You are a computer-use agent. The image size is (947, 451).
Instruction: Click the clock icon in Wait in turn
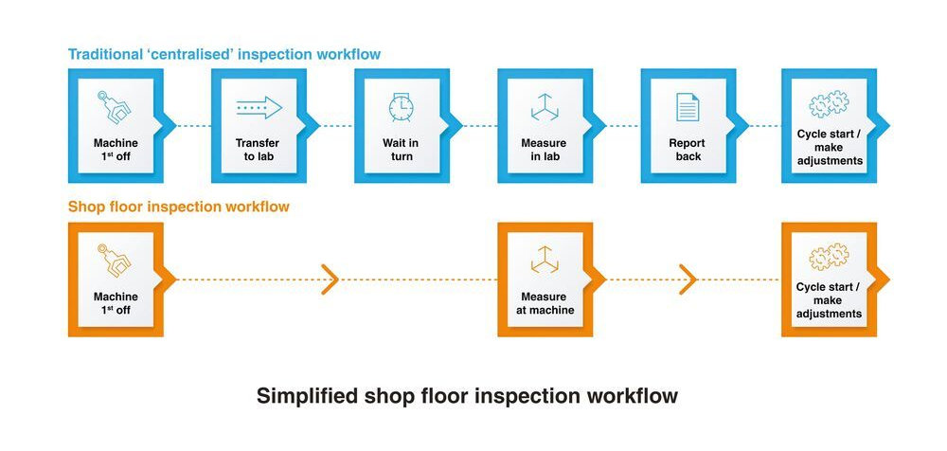click(402, 106)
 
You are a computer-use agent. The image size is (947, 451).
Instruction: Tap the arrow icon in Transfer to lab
click(259, 107)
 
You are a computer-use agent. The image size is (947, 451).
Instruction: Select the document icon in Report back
click(688, 107)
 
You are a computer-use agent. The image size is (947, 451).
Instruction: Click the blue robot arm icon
click(116, 106)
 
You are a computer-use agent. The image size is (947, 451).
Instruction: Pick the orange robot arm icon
click(116, 260)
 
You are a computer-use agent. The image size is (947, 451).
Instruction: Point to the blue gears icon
click(829, 105)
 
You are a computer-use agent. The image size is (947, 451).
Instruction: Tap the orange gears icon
click(829, 258)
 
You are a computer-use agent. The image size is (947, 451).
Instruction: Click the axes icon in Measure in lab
click(545, 107)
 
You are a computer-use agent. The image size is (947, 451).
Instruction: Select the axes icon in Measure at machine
click(545, 260)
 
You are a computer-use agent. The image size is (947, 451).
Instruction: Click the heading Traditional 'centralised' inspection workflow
click(224, 54)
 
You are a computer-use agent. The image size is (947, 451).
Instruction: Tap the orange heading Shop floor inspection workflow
click(179, 206)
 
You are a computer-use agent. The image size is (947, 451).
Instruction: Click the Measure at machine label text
click(545, 303)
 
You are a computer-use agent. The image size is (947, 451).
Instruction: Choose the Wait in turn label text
click(402, 150)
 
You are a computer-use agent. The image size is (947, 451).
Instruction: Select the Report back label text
click(688, 150)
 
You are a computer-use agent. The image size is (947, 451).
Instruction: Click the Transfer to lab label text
click(259, 150)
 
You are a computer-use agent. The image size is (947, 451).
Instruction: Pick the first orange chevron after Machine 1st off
click(330, 280)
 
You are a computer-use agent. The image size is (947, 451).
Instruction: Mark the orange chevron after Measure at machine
click(688, 280)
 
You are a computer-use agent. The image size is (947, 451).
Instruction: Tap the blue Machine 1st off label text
click(116, 150)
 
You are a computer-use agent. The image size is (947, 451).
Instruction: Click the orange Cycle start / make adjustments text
click(829, 299)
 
